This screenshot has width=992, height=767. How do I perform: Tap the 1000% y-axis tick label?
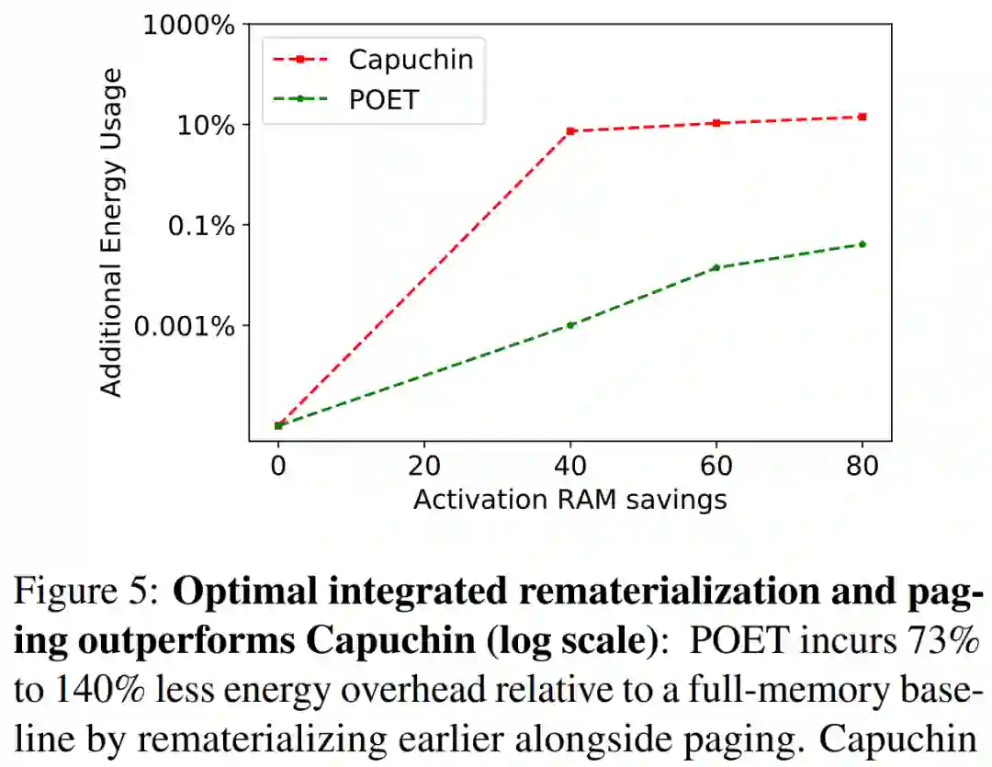189,26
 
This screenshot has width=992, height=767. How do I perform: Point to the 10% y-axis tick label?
207,125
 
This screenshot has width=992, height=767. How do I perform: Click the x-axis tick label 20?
424,467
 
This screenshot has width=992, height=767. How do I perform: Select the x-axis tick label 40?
570,467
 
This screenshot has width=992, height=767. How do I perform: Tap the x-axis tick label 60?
716,467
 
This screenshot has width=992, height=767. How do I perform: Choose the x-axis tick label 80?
862,467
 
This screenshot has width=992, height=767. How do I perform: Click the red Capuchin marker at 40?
570,131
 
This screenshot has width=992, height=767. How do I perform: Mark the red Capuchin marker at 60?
716,123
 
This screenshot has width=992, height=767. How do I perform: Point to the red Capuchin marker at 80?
862,117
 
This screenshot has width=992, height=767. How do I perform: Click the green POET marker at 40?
570,324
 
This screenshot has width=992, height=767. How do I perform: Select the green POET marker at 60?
716,267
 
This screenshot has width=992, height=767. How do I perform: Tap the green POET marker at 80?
862,243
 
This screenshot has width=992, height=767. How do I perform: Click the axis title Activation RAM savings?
569,499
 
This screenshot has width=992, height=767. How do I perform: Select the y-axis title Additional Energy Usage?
111,232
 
